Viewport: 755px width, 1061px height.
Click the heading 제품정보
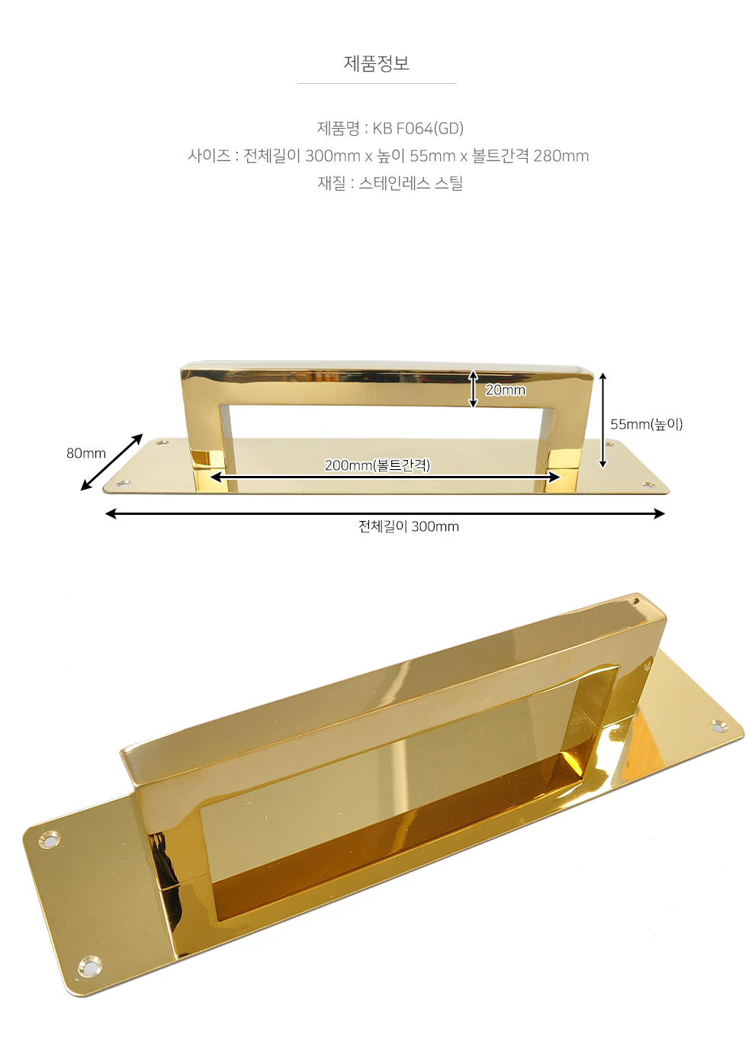click(x=377, y=63)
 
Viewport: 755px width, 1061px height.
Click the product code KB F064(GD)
click(x=418, y=128)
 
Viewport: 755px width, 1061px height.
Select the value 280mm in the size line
click(x=561, y=156)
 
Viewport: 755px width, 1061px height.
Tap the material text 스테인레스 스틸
click(x=410, y=183)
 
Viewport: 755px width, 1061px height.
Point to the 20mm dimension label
click(x=506, y=390)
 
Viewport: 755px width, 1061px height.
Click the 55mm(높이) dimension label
click(x=647, y=424)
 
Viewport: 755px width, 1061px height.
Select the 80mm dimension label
click(x=85, y=453)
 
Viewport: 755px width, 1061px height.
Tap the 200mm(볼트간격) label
click(x=377, y=465)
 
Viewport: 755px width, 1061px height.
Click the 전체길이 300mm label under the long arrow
click(x=409, y=526)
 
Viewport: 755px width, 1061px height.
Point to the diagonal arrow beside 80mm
click(x=111, y=461)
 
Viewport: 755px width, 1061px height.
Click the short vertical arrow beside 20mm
click(x=473, y=389)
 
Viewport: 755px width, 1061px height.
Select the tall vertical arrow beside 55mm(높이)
click(x=602, y=420)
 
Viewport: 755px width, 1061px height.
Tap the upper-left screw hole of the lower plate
click(x=49, y=840)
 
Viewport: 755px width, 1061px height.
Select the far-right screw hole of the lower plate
click(x=720, y=725)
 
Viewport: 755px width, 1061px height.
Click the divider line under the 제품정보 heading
click(x=377, y=83)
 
